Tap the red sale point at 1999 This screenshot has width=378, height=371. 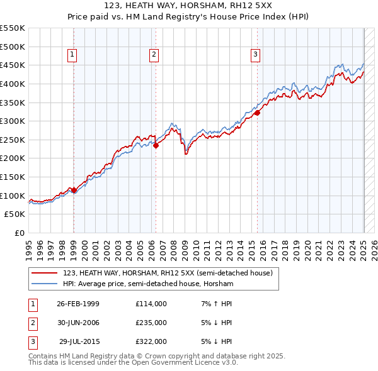[x=74, y=190]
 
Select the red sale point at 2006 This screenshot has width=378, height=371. [x=156, y=145]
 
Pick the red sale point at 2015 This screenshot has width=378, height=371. [x=257, y=113]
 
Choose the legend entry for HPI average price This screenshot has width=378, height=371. [x=148, y=284]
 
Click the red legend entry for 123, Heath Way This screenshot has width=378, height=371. [x=167, y=273]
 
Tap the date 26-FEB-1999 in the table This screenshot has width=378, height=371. [x=77, y=304]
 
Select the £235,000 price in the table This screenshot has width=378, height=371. [x=151, y=323]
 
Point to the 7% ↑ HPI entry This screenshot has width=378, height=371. [x=215, y=304]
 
